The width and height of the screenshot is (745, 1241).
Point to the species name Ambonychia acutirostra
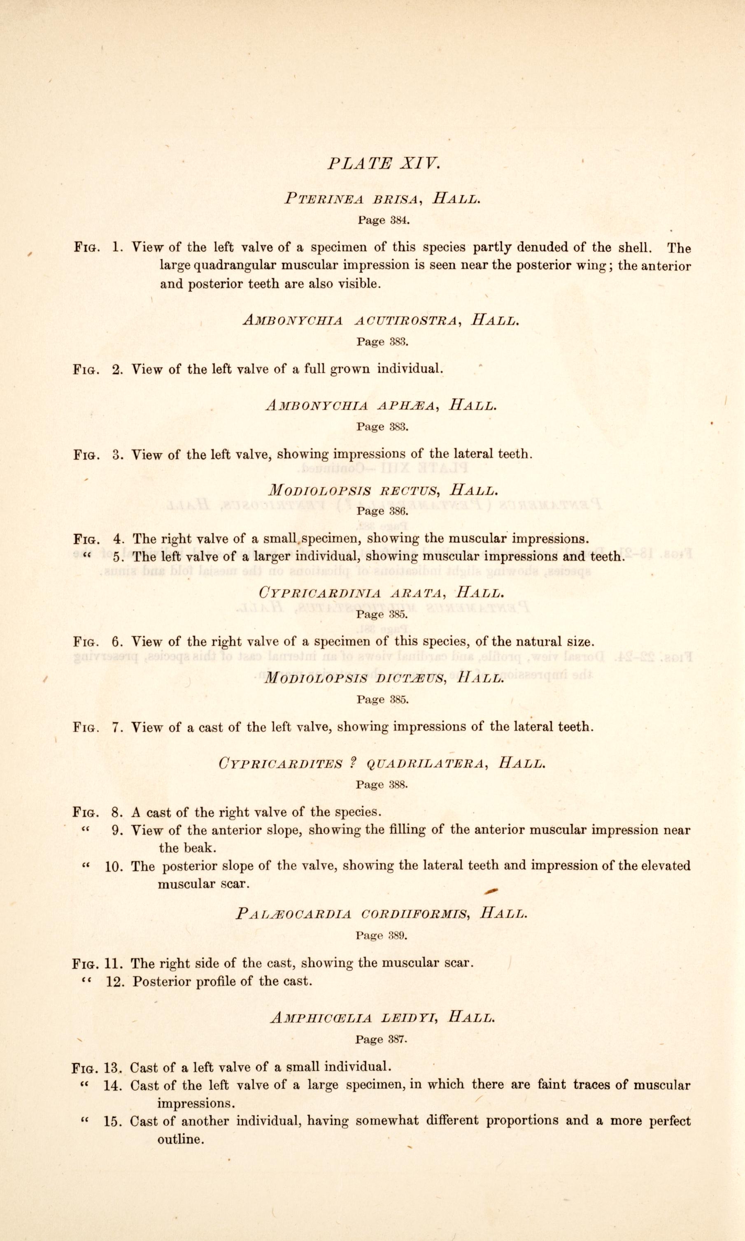point(350,320)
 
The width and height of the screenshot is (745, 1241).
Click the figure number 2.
point(117,370)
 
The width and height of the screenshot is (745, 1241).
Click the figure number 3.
point(117,455)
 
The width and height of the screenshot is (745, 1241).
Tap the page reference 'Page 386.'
point(382,511)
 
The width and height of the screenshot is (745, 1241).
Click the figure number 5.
point(117,557)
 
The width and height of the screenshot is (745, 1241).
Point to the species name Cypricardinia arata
point(350,593)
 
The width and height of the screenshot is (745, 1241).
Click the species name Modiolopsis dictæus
point(354,679)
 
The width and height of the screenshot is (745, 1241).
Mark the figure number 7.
point(117,727)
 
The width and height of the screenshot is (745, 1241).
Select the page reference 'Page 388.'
point(382,784)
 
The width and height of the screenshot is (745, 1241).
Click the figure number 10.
point(114,867)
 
